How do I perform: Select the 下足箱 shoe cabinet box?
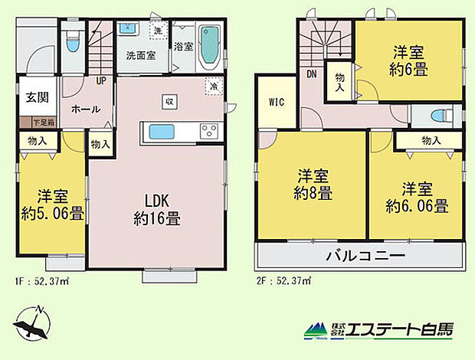(x=42, y=121)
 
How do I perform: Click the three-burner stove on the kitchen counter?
(x=208, y=131)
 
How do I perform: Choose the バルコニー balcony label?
(x=362, y=256)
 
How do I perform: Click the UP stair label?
(x=100, y=79)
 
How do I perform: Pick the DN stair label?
(x=313, y=74)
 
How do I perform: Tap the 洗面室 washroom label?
(x=141, y=55)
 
